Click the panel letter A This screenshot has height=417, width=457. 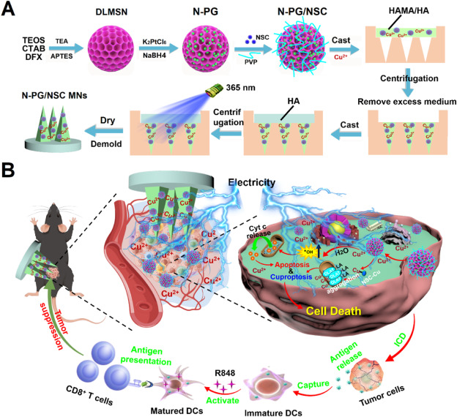(x=10, y=10)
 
